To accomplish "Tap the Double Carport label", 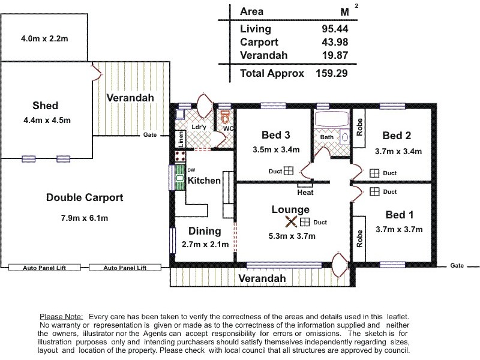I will [85, 197].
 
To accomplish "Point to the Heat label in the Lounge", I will [305, 193].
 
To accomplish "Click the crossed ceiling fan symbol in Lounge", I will [291, 221].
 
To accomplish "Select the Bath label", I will [326, 137].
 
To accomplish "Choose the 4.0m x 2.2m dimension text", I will [44, 38].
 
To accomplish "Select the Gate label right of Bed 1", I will [457, 265].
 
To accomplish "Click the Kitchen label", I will [204, 181].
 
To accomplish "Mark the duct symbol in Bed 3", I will [289, 171].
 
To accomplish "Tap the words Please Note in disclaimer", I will [62, 316].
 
